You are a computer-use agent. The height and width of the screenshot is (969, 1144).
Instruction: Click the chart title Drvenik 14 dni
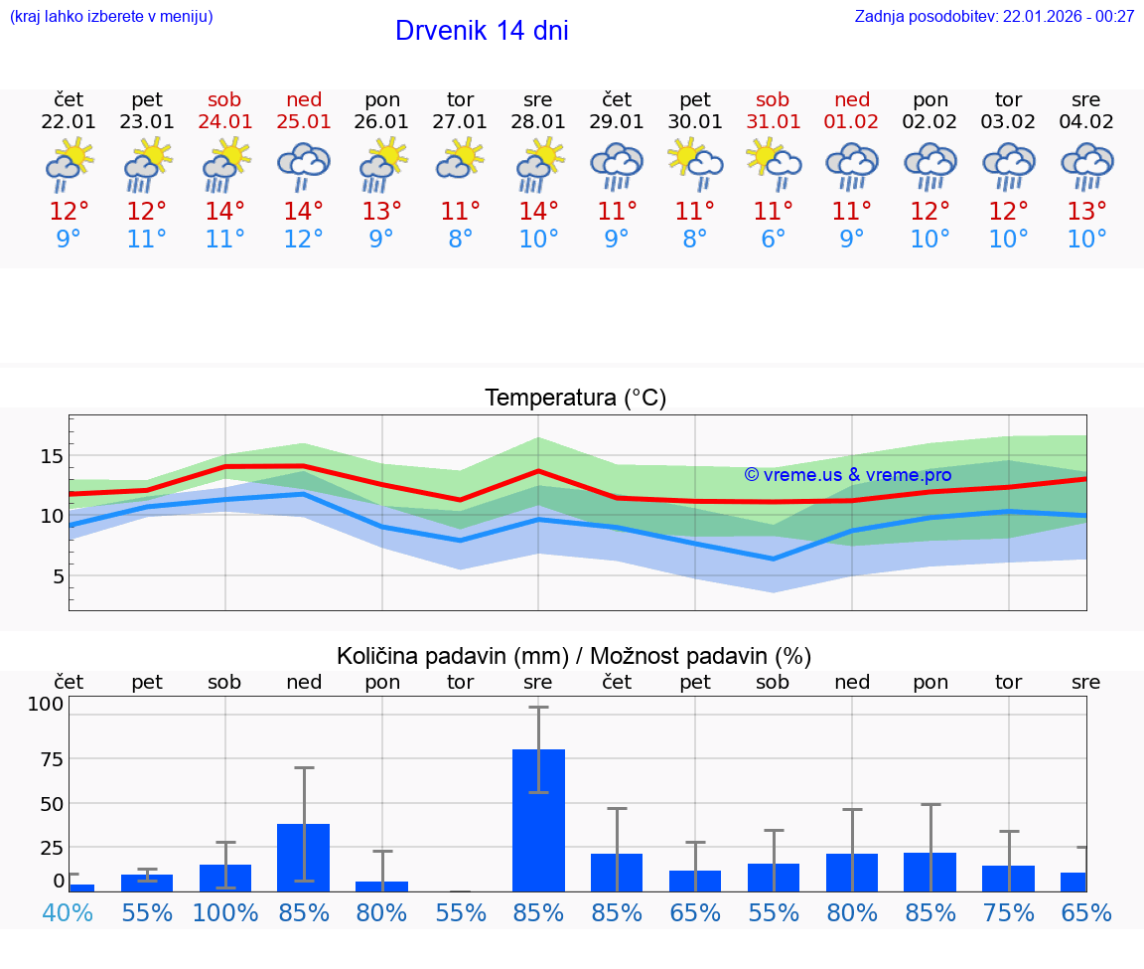point(482,31)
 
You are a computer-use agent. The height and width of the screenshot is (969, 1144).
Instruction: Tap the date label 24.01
point(225,122)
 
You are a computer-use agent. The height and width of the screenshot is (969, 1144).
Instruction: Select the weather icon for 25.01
point(304,166)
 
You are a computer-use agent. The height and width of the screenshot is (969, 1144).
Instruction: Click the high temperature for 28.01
point(538,212)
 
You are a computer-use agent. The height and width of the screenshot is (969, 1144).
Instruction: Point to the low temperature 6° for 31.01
point(773,240)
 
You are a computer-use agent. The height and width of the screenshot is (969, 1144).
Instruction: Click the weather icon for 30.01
point(695,166)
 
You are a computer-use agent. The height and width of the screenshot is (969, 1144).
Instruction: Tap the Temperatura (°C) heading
point(575,399)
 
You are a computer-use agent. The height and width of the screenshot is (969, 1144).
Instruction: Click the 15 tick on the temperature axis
point(52,456)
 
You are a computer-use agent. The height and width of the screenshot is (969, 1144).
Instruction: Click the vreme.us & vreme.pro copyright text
point(847,475)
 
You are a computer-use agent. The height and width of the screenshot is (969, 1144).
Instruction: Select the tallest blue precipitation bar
point(538,820)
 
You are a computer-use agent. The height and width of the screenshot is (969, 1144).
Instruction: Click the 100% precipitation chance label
point(225,912)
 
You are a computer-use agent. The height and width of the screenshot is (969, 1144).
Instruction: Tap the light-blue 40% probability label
point(68,912)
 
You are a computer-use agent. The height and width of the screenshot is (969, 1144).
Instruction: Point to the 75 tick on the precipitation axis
point(52,758)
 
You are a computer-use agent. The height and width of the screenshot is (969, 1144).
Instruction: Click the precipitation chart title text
point(574,656)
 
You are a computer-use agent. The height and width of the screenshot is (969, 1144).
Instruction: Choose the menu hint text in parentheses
point(111,17)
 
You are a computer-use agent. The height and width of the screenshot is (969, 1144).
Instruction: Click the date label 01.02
point(851,122)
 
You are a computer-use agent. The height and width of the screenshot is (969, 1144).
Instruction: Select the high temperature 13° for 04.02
point(1086,212)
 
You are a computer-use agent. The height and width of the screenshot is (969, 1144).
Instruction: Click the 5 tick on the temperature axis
point(59,576)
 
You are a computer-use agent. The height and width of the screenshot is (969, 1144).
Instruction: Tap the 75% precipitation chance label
point(1008,912)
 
